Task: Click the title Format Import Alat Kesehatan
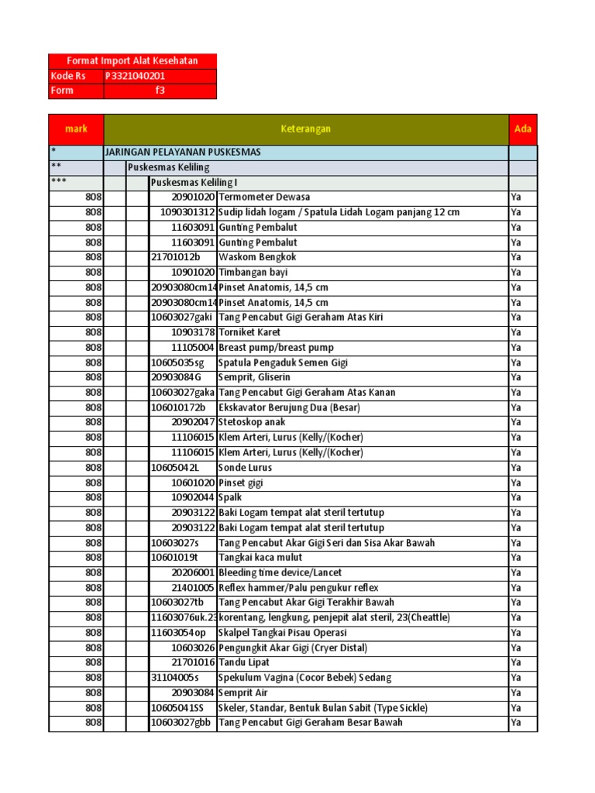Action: pyautogui.click(x=132, y=61)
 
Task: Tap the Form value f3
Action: pyautogui.click(x=160, y=91)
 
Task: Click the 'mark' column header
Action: pyautogui.click(x=76, y=129)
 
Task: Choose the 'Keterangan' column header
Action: pyautogui.click(x=305, y=129)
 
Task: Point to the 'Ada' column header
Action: pyautogui.click(x=523, y=129)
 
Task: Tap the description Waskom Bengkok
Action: pyautogui.click(x=257, y=257)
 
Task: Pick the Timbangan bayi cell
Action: pyautogui.click(x=253, y=273)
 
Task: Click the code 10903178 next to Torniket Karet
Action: pyautogui.click(x=193, y=332)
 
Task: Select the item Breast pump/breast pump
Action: pyautogui.click(x=276, y=348)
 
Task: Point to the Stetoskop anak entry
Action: pyautogui.click(x=252, y=422)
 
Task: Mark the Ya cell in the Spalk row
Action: pyautogui.click(x=517, y=497)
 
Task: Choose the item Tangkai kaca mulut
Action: pyautogui.click(x=260, y=558)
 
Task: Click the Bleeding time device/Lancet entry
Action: pyautogui.click(x=280, y=572)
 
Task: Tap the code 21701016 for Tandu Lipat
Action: pyautogui.click(x=193, y=663)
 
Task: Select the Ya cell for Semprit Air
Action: pyautogui.click(x=517, y=692)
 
